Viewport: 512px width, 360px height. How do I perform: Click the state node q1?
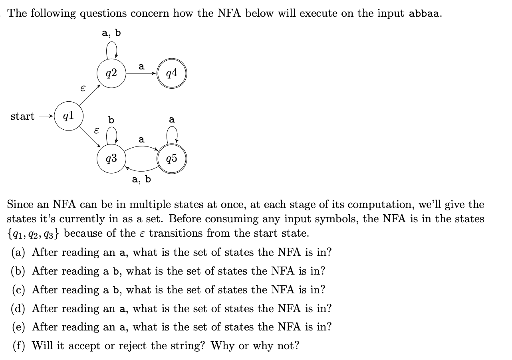click(68, 116)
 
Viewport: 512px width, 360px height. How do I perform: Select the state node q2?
click(112, 73)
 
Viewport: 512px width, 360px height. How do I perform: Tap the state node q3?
click(112, 159)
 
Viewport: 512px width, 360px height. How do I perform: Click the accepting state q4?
click(172, 73)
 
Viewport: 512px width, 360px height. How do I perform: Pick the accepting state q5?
click(172, 159)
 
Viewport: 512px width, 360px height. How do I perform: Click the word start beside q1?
click(22, 117)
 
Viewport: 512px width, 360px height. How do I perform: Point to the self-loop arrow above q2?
click(112, 50)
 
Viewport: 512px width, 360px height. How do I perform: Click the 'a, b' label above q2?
click(111, 33)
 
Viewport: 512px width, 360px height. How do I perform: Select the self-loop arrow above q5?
click(172, 135)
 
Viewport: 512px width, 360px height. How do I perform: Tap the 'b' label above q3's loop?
click(111, 120)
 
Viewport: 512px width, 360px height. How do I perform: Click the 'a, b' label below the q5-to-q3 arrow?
click(141, 180)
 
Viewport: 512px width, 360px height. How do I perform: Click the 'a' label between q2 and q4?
click(141, 67)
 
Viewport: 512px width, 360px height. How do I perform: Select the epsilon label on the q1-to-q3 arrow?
click(95, 130)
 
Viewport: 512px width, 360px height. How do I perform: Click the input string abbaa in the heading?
click(425, 13)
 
